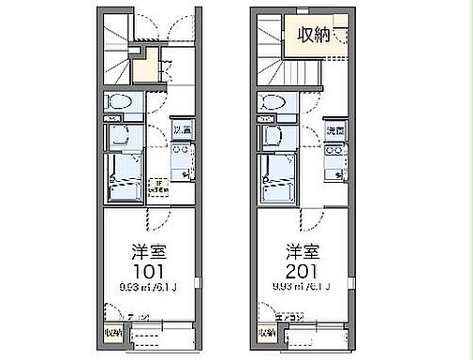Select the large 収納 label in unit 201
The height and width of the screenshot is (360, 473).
(313, 37)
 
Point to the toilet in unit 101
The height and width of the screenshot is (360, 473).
(117, 102)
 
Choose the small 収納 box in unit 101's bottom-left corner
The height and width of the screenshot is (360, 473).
(111, 331)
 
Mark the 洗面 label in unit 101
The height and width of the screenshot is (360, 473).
(180, 129)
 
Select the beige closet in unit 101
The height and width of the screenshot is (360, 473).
(143, 68)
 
